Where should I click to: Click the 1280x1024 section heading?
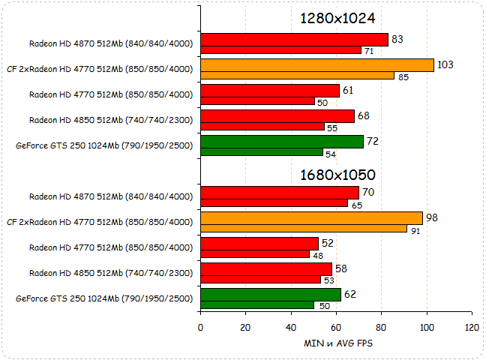337,18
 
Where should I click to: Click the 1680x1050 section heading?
337,175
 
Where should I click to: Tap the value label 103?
445,64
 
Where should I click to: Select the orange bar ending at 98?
312,218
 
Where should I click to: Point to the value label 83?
397,39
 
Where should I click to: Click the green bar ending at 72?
282,141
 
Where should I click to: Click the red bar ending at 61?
270,90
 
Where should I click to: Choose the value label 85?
403,76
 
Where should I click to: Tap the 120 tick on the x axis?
472,327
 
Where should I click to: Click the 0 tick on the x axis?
200,327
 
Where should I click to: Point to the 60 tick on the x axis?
336,327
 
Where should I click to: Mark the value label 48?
318,254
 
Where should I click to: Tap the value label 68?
364,115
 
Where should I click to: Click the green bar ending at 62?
271,295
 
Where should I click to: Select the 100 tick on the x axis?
427,327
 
